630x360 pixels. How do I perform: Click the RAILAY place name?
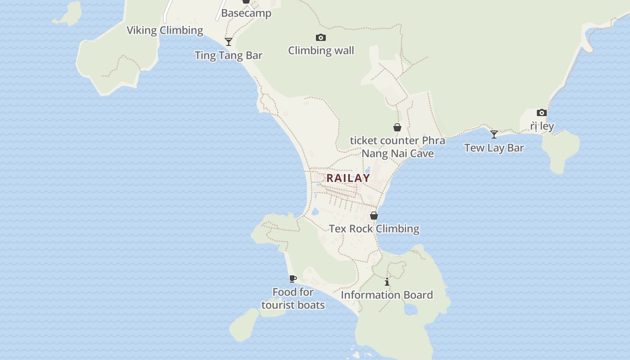coord(348,178)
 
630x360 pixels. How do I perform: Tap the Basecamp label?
coord(246,13)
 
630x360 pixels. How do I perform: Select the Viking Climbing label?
coord(165,31)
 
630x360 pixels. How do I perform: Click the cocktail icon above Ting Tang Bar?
coord(229,42)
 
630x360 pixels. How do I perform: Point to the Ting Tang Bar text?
coord(228,55)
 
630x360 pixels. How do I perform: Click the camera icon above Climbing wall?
coord(321,38)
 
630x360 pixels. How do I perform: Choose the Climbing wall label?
coord(321,50)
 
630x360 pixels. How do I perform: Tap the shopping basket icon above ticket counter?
coord(397,128)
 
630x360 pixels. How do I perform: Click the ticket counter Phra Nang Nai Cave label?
coord(398,147)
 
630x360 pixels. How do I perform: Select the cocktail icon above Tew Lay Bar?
coord(494,134)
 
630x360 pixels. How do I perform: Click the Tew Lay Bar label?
coord(494,148)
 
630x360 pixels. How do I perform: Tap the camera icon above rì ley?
coord(542,112)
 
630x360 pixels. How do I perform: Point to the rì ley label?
coord(542,126)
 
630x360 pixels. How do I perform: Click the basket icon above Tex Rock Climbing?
coord(374,216)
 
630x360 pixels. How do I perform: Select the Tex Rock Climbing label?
coord(374,229)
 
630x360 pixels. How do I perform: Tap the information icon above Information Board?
coord(387,282)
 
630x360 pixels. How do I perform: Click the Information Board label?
coord(387,295)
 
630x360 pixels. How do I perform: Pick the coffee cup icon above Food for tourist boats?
coord(293,279)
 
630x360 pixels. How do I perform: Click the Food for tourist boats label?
coord(293,298)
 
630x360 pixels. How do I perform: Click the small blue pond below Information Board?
coord(411,310)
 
